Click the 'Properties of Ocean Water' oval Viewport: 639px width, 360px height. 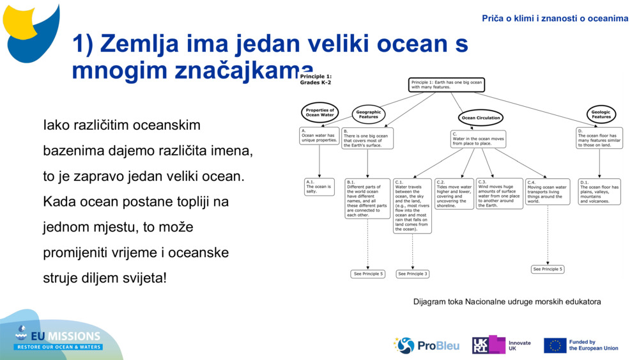click(319, 113)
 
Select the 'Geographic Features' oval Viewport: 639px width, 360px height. click(369, 114)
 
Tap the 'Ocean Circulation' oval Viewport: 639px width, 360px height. click(481, 118)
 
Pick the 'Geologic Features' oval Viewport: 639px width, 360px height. click(601, 114)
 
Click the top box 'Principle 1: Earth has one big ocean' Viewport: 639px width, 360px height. click(446, 84)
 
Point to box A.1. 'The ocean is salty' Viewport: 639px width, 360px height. click(319, 187)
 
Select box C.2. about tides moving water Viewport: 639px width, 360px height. click(454, 194)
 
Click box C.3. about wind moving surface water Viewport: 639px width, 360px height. click(499, 194)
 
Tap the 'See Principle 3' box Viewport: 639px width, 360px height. click(412, 274)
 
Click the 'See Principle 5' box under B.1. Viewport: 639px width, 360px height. click(368, 274)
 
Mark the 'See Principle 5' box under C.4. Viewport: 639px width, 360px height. click(548, 269)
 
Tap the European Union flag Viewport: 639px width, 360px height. click(555, 345)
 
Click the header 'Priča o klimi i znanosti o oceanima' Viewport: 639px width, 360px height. click(555, 19)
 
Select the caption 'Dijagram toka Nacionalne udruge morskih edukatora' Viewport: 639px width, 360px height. click(507, 301)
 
